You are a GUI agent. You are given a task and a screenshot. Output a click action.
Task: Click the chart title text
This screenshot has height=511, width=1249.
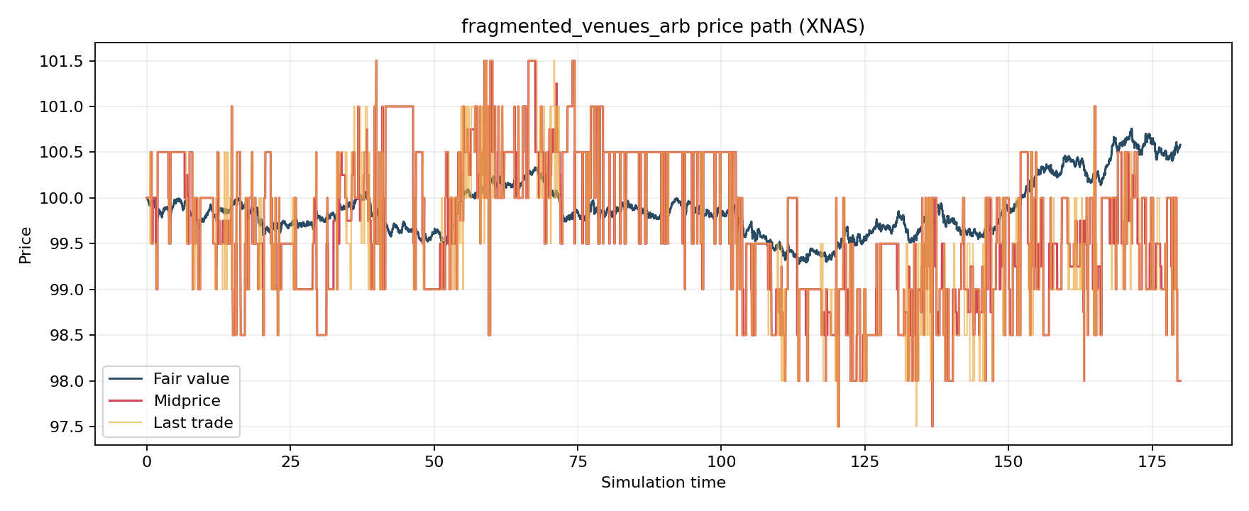click(663, 27)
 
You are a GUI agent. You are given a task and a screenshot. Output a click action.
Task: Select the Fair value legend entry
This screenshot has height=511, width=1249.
click(191, 379)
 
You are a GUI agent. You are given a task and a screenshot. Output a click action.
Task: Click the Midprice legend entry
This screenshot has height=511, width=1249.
click(187, 401)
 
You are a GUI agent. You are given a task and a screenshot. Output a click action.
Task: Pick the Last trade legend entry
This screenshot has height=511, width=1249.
click(193, 423)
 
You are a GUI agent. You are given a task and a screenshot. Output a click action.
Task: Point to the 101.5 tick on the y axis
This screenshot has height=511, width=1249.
click(61, 62)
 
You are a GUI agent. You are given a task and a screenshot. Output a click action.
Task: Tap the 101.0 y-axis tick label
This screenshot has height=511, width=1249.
click(61, 107)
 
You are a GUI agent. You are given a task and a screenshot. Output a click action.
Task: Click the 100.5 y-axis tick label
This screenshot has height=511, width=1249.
click(61, 153)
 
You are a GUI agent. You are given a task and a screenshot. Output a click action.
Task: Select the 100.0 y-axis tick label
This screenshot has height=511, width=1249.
click(61, 199)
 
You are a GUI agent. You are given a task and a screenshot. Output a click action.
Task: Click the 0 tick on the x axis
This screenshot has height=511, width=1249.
click(147, 462)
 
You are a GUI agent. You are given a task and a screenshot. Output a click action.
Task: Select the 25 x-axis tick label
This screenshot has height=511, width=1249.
click(290, 462)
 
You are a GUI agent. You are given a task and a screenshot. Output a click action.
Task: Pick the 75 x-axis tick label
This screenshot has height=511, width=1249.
click(578, 462)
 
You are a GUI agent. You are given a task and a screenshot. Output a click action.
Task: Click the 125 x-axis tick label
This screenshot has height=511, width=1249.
click(864, 462)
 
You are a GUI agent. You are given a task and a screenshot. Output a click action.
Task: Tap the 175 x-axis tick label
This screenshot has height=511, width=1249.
click(1152, 462)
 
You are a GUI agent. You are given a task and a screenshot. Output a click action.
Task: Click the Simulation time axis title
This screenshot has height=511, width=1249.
click(663, 483)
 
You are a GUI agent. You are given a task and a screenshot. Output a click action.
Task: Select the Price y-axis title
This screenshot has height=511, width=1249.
click(26, 245)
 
